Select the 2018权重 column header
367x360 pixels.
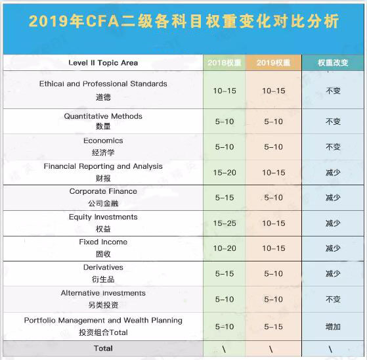224,62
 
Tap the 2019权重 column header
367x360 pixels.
274,62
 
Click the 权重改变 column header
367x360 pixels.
333,62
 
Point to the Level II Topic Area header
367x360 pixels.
103,63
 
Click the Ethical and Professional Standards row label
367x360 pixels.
103,84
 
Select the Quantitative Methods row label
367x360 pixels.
103,116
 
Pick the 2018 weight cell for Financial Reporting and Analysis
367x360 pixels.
224,173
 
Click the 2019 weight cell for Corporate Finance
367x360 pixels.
274,198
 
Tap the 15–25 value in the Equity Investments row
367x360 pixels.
224,223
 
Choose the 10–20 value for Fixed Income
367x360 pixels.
224,248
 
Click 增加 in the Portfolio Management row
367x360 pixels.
333,326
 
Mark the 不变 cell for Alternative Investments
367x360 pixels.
333,300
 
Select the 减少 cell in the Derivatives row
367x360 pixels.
333,274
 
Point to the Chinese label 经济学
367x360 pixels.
103,153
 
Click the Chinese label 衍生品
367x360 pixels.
103,280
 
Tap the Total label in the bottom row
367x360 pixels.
103,348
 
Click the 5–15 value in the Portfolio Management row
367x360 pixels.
274,326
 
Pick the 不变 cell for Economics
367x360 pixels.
333,146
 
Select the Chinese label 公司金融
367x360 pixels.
103,204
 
